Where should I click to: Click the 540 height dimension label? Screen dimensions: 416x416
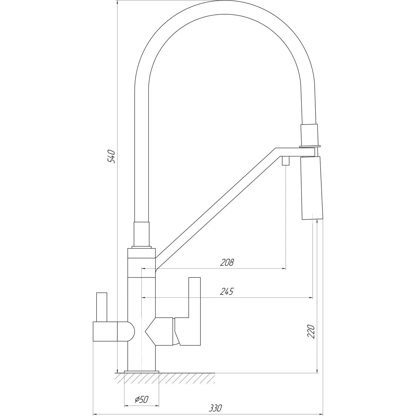click(111, 157)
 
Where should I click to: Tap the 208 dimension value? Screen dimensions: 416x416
click(227, 262)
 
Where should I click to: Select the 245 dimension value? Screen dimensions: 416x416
click(227, 292)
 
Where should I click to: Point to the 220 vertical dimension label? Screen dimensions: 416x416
click(310, 331)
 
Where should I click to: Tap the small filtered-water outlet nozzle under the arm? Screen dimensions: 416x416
click(285, 160)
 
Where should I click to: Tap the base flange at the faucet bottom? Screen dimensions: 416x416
click(141, 371)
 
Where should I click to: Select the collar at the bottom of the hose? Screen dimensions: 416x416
click(142, 234)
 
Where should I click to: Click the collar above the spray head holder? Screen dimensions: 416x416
click(309, 135)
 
